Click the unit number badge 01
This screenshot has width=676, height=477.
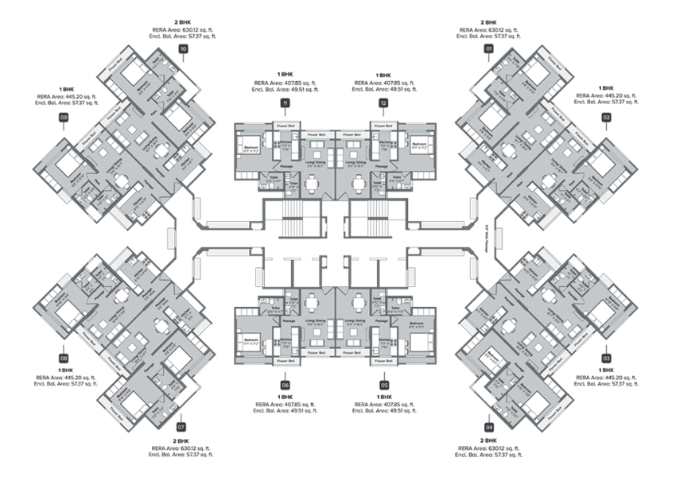click(488, 49)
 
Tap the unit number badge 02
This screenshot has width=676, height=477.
click(606, 118)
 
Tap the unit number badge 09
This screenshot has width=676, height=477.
click(64, 118)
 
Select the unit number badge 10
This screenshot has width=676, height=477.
click(184, 49)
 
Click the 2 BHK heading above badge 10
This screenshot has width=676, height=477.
click(184, 23)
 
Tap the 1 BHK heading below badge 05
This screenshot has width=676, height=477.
click(384, 396)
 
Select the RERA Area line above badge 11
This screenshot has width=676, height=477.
click(285, 83)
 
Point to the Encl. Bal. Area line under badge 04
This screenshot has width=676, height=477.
click(488, 456)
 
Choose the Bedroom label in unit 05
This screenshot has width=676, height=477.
click(417, 324)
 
